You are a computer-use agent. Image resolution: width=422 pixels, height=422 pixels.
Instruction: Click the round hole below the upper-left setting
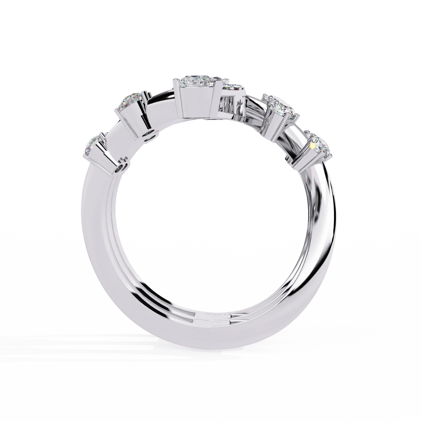click(x=151, y=134)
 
